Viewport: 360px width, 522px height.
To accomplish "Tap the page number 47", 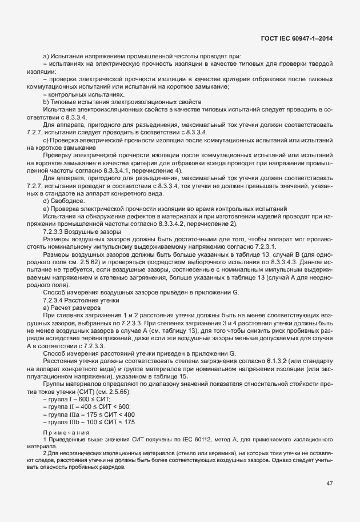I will click(329, 483).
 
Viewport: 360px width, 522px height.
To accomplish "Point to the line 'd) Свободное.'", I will click(64, 201).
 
